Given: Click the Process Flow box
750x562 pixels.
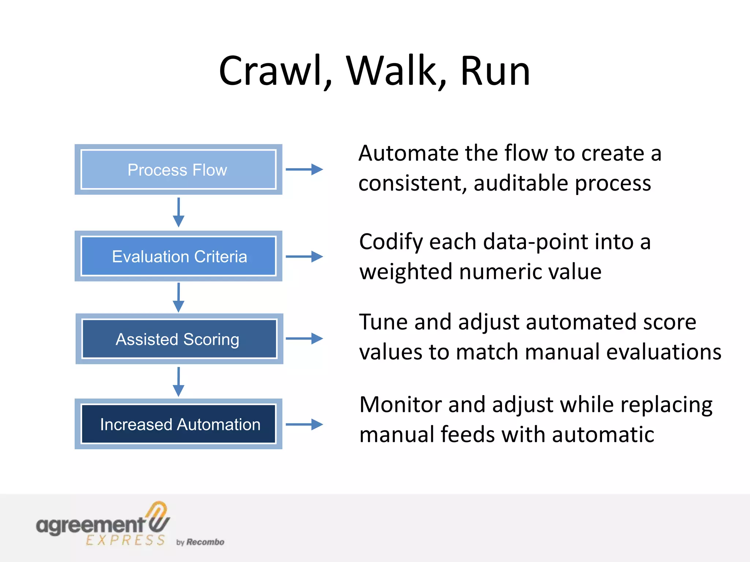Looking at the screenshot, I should tap(178, 169).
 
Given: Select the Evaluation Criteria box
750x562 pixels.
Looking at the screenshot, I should tap(178, 256).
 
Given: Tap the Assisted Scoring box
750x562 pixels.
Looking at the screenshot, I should tap(179, 339).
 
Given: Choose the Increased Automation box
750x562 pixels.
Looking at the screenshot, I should tap(178, 424).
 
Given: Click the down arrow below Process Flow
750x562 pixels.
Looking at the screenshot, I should tap(178, 213).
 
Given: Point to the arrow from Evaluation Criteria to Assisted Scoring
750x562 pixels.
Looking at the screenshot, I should tap(178, 297).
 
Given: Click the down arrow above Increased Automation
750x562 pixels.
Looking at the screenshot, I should tap(178, 382).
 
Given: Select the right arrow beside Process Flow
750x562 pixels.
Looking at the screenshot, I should tap(304, 169).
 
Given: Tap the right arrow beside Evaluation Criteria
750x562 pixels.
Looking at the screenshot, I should tap(304, 256).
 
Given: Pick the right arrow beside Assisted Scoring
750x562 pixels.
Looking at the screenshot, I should tap(304, 338).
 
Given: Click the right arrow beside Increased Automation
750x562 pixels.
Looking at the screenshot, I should tap(304, 424).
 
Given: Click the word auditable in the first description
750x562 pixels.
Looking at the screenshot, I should tap(520, 183).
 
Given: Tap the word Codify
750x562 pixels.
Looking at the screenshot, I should tap(391, 242).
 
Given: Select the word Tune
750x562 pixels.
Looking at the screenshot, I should tap(383, 322).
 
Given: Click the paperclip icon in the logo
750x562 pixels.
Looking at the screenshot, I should tap(159, 517).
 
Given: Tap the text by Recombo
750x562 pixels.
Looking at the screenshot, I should tap(200, 542).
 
